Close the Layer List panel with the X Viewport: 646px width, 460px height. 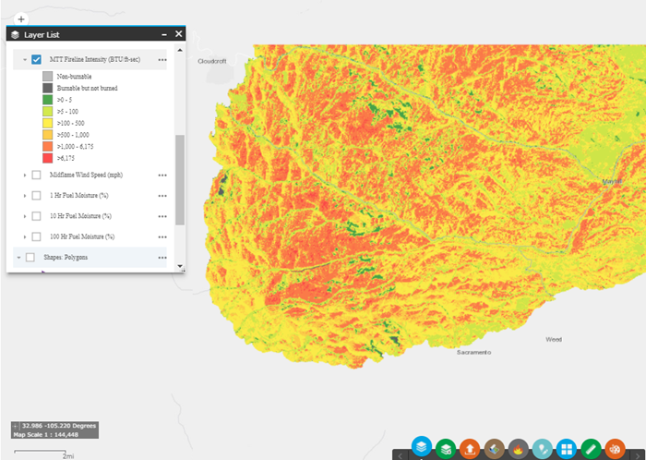(179, 34)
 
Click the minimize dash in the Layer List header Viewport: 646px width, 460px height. (163, 34)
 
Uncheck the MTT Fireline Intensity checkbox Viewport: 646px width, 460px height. (36, 59)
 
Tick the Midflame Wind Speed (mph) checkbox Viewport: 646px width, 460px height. (36, 174)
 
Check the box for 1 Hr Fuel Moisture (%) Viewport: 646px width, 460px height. (36, 195)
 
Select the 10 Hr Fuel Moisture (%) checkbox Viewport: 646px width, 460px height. (36, 216)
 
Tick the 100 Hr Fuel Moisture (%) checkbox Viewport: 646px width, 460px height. (36, 236)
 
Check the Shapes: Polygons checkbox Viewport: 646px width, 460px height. (30, 258)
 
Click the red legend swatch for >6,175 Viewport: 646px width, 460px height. (47, 158)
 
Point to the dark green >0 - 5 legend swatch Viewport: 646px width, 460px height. (47, 99)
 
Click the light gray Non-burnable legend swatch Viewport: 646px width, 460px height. (47, 75)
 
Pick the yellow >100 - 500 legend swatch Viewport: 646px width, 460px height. (47, 123)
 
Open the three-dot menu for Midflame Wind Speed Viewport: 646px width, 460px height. (162, 174)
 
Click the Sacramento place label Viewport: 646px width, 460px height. (474, 353)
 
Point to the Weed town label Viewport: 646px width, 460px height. (554, 339)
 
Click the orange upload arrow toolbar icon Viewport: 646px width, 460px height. (470, 449)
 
